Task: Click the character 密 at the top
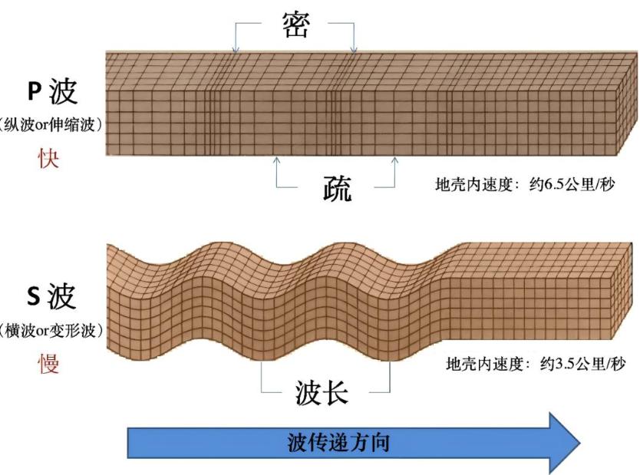pos(296,25)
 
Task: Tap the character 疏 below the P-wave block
pos(337,188)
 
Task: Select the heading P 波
pos(52,91)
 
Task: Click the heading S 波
pos(51,296)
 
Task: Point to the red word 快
pos(48,158)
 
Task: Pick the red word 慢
pos(48,364)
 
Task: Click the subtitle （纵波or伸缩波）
pos(51,124)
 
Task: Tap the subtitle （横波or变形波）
pos(51,330)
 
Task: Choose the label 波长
pos(322,393)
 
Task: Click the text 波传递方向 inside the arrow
pos(338,443)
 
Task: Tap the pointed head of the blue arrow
pos(579,443)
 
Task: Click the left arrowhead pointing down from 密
pos(236,51)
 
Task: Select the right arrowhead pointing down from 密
pos(354,51)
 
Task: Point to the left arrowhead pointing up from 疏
pos(277,160)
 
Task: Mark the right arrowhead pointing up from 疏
pos(394,160)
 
